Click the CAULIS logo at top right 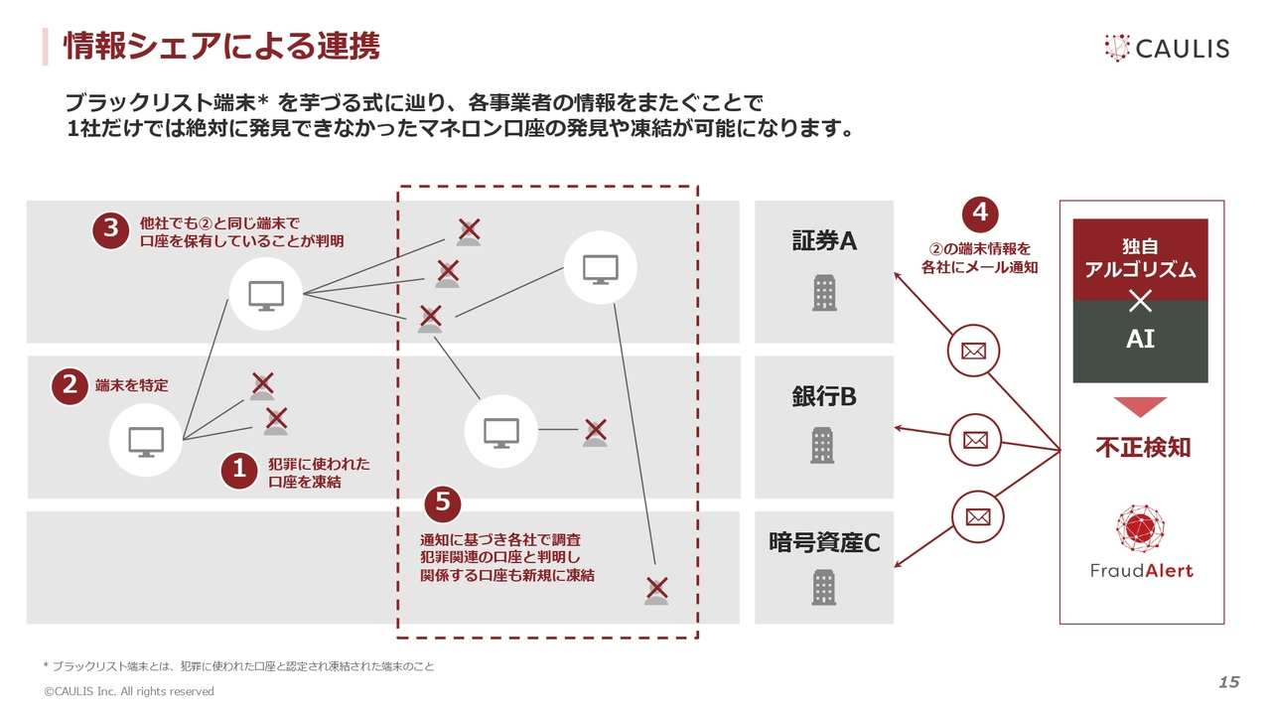[1166, 48]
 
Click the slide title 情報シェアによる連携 [221, 46]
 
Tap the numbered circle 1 [238, 471]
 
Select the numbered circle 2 [70, 385]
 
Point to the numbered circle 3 [111, 229]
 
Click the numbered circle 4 [980, 214]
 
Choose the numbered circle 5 [443, 503]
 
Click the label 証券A [823, 241]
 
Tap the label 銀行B [823, 396]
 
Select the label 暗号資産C [824, 542]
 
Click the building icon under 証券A [824, 292]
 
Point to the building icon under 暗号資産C [823, 587]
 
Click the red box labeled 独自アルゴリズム [1140, 259]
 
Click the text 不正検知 [1142, 448]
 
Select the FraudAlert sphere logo [1140, 528]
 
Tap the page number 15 [1228, 681]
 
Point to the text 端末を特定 [132, 385]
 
